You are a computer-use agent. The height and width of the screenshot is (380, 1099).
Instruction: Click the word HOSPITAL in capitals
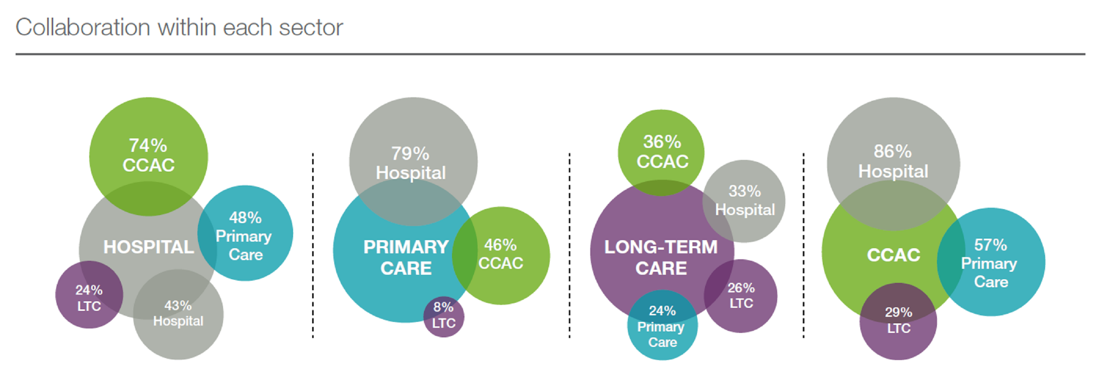149,247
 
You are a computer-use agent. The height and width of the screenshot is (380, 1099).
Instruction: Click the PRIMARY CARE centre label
406,257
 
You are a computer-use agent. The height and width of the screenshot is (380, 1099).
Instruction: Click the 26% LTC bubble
741,296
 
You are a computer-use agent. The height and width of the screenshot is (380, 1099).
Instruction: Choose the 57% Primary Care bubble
991,262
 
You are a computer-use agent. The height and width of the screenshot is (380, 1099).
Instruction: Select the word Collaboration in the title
83,28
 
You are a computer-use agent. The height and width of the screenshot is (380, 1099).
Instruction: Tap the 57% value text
990,245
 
